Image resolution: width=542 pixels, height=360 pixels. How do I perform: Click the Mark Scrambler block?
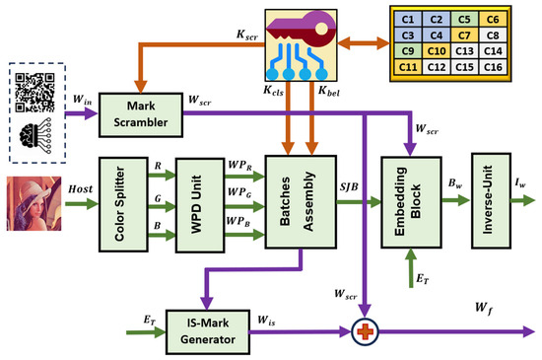pos(141,114)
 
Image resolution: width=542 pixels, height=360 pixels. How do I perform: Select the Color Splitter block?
pos(123,204)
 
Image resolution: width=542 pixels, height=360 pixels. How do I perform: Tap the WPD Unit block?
pos(200,205)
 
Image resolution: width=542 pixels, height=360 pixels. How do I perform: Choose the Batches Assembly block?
pos(301,202)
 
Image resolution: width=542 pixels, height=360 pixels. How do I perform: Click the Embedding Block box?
pos(411,202)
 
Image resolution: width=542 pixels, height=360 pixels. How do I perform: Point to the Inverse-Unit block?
pos(491,200)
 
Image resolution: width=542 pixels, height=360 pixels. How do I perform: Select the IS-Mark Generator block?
pos(208,332)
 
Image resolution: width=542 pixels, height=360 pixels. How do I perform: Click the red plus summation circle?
pos(365,331)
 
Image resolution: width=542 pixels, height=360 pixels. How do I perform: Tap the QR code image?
pos(34,93)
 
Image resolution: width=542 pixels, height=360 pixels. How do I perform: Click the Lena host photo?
pos(34,204)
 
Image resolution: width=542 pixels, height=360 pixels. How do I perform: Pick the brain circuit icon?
pos(35,135)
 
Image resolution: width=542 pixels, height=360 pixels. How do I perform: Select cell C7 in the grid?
pos(464,36)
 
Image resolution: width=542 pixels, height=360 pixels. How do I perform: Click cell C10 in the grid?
pos(437,51)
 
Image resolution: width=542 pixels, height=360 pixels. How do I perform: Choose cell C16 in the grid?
pos(493,67)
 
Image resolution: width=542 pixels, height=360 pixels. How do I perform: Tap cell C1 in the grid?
pos(408,20)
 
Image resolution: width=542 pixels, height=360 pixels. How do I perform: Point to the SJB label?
pos(349,187)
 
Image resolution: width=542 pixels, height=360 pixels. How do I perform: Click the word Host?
pos(81,188)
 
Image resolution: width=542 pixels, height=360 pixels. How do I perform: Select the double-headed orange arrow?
pos(364,43)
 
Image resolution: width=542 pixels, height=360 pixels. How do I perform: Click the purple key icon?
pos(302,30)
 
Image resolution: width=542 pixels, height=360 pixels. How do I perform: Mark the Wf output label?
pos(484,308)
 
